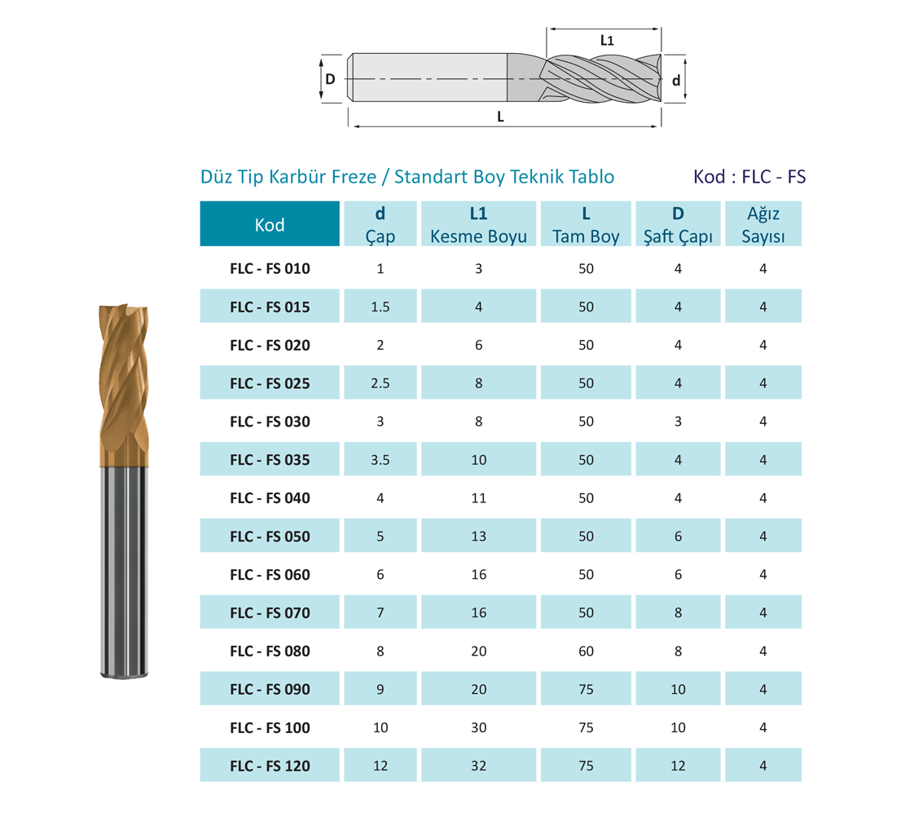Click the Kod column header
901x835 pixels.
tap(270, 224)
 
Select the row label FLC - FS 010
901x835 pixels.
tap(270, 268)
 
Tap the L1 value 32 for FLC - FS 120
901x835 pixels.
tap(479, 766)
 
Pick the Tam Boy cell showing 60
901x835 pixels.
tap(586, 651)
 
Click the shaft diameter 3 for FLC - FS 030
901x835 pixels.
tap(678, 422)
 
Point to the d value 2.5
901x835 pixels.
tap(380, 383)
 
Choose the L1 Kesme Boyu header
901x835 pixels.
tap(479, 224)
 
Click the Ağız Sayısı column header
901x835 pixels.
tap(763, 224)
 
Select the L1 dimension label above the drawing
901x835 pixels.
tap(607, 40)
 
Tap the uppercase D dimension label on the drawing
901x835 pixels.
tap(330, 79)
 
